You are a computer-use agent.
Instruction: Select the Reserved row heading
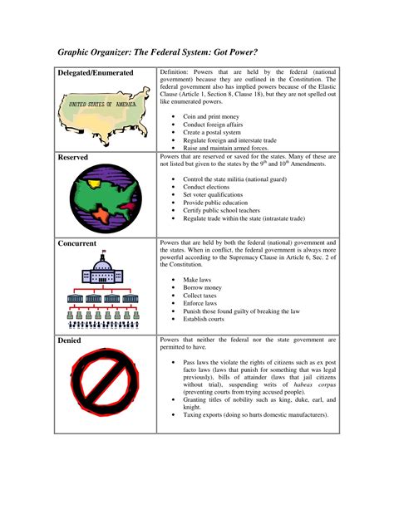pyautogui.click(x=74, y=157)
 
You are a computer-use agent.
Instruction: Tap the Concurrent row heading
pyautogui.click(x=77, y=243)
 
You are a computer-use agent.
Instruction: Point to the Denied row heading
pyautogui.click(x=69, y=340)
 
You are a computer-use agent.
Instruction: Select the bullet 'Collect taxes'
pyautogui.click(x=203, y=296)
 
